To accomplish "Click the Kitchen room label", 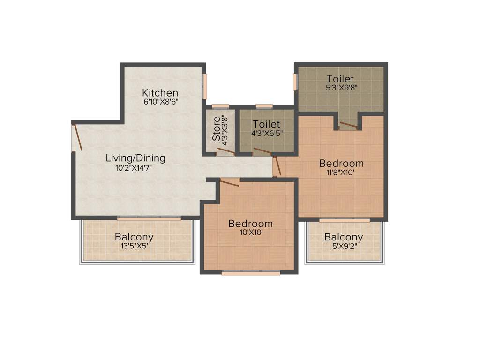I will click(x=160, y=92).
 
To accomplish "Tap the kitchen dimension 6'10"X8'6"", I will click(x=160, y=101).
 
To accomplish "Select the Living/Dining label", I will click(x=135, y=158).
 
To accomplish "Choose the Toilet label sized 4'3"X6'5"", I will click(x=266, y=124).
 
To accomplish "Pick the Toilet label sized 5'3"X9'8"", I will click(x=340, y=79).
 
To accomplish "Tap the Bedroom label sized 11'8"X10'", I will click(x=341, y=163).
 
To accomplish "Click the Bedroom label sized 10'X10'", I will click(x=250, y=224).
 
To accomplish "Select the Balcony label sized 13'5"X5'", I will click(x=134, y=237).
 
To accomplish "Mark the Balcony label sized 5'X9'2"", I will click(x=344, y=237).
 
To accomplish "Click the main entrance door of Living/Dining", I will click(x=78, y=136).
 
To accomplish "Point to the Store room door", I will click(x=226, y=151).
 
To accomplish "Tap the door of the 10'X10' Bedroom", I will click(x=229, y=183).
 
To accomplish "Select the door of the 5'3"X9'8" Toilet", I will click(x=349, y=125).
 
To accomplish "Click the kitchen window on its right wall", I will click(x=205, y=86).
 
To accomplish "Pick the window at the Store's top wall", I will click(x=220, y=106).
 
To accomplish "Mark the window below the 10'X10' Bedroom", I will click(x=251, y=273).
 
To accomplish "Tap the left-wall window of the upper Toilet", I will click(x=295, y=82).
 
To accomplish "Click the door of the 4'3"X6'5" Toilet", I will click(x=262, y=151).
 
